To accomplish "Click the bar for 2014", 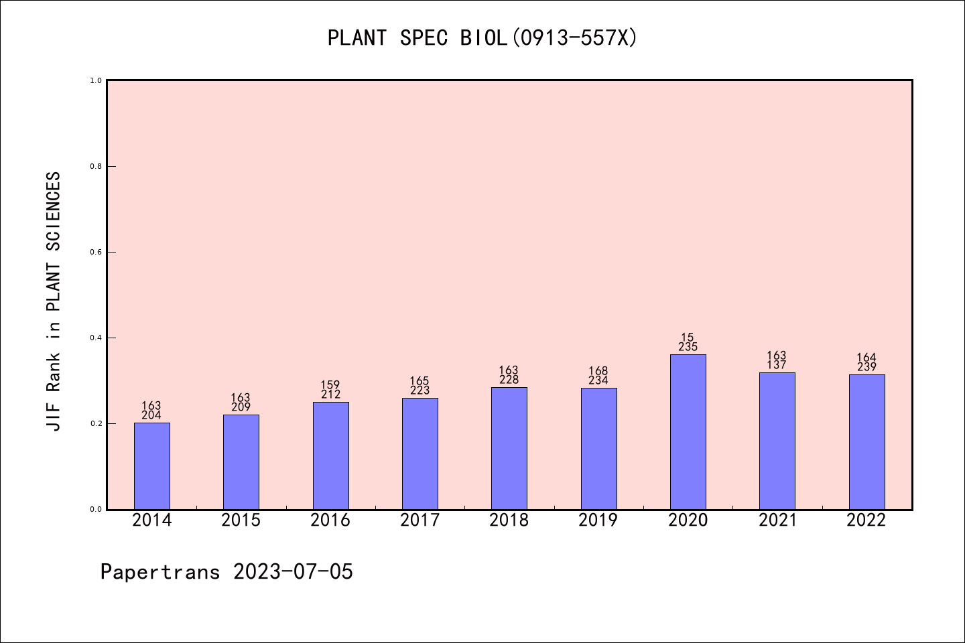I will [152, 466].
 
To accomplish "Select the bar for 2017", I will [420, 454].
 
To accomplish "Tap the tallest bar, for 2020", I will [688, 432].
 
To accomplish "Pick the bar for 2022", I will [866, 442].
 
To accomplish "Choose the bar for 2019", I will [598, 449].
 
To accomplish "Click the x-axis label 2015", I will [241, 520].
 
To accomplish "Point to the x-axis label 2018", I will [509, 520].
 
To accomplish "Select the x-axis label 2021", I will [777, 520].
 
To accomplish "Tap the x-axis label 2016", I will [330, 520].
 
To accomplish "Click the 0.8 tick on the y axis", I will [96, 166].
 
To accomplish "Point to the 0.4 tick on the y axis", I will [96, 338].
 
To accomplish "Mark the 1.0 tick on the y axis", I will [96, 80].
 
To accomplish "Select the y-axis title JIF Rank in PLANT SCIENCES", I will [54, 301].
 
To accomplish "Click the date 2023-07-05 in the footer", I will [293, 572].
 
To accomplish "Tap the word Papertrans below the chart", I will [160, 572].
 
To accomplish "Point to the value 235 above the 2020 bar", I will [688, 347].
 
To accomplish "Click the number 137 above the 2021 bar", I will [777, 365].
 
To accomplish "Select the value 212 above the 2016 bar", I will [330, 395].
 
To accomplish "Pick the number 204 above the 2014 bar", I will [151, 415].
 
